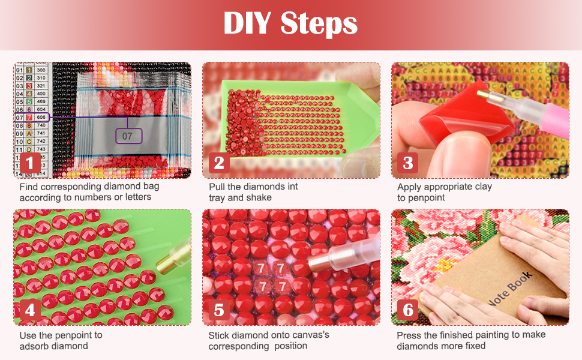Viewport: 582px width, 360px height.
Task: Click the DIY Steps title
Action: (x=290, y=24)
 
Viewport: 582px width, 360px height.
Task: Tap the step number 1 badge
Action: (x=31, y=163)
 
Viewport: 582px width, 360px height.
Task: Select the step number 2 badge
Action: (x=219, y=163)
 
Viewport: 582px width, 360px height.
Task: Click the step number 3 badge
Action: (x=408, y=163)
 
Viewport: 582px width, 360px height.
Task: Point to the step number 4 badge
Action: (x=31, y=310)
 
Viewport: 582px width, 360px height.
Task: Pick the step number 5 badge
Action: (x=219, y=310)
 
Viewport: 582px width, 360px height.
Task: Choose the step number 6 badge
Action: (x=408, y=310)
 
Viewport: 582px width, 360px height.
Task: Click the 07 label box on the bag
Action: (x=128, y=136)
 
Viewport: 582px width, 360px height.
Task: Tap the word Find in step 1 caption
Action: (x=29, y=187)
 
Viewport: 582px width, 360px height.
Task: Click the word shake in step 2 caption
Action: (x=259, y=197)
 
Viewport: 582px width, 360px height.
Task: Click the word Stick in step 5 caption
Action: (x=219, y=335)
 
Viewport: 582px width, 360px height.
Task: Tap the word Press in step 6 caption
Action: (x=409, y=335)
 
